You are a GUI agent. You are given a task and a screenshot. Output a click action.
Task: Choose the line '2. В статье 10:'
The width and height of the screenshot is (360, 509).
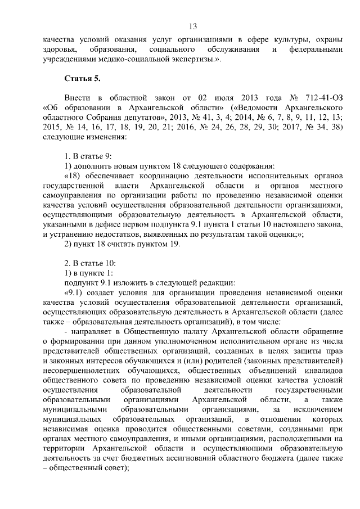click(x=92, y=263)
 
